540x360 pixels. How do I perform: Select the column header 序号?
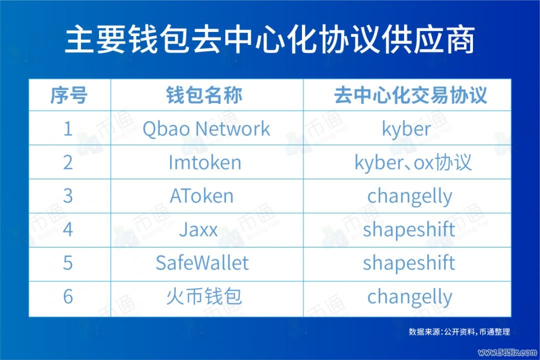pos(69,95)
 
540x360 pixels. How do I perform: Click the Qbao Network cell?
pos(206,129)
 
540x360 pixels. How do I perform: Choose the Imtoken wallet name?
pos(205,162)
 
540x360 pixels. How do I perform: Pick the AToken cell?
pos(201,196)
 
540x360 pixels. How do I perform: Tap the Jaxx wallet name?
pos(198,230)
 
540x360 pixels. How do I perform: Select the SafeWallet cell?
pos(202,263)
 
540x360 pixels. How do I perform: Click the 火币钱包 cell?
pos(204,297)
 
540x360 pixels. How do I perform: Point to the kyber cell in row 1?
pos(406,129)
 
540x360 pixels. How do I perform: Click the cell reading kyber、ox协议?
pos(413,162)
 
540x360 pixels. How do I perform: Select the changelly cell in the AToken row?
pos(409,196)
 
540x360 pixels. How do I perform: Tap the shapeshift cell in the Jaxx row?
pos(409,230)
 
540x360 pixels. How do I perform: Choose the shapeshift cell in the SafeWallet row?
pos(409,263)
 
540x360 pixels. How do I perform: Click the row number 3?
pos(68,196)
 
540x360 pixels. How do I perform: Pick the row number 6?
pos(68,297)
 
